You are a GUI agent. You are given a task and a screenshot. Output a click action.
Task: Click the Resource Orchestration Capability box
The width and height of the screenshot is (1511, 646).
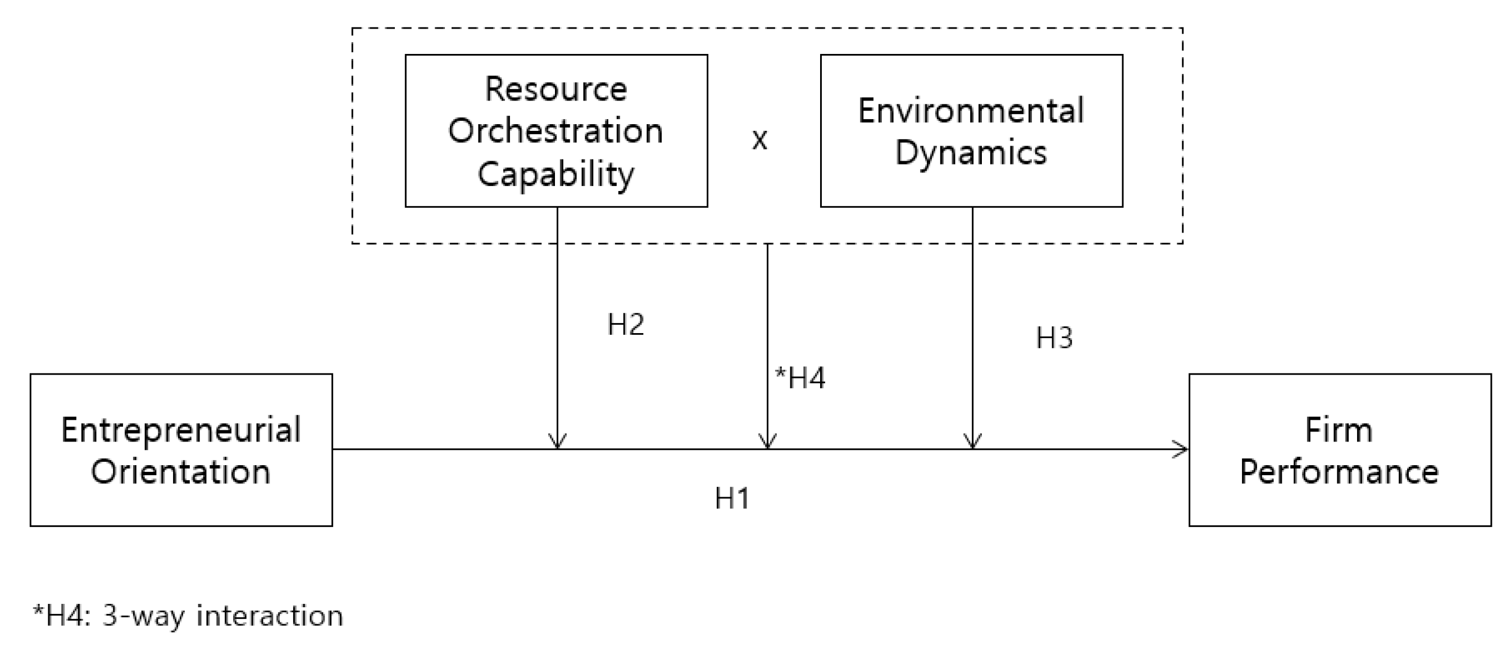(556, 130)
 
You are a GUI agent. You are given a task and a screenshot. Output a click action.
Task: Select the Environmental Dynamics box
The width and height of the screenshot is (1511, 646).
(971, 130)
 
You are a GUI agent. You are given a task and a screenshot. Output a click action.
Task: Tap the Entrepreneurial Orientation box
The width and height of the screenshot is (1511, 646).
(181, 450)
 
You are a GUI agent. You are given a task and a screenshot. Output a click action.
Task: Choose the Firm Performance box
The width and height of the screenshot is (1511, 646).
(1340, 450)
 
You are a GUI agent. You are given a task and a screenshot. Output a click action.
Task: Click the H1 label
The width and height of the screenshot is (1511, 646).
(732, 499)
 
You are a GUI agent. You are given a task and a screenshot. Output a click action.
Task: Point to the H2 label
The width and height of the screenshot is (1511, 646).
(625, 325)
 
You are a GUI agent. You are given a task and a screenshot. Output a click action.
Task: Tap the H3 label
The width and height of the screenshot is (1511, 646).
(1054, 338)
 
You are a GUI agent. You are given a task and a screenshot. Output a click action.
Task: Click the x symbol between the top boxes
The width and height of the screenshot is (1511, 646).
(759, 140)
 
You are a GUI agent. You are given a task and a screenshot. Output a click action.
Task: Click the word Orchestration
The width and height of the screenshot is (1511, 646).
(556, 131)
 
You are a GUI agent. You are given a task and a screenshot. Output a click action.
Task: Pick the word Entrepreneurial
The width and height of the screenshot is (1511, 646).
(181, 430)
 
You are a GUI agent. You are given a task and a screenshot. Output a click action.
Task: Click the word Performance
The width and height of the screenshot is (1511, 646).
(1339, 471)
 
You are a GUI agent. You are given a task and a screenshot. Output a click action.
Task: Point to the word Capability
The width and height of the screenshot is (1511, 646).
(556, 174)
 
